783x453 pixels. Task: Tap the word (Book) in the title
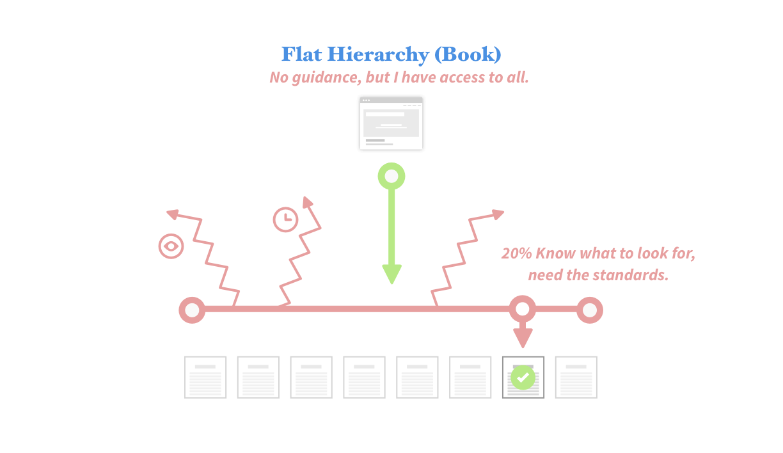click(x=468, y=54)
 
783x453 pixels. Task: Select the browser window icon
click(x=391, y=123)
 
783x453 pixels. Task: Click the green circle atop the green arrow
click(x=391, y=176)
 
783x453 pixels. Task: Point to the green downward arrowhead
click(x=391, y=274)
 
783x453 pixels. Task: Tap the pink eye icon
click(x=171, y=246)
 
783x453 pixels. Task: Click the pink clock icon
click(x=285, y=219)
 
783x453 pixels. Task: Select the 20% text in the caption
click(x=516, y=253)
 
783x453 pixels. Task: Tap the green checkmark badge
click(x=523, y=377)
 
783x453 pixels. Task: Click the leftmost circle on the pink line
click(x=191, y=310)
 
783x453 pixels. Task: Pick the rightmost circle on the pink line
click(x=590, y=310)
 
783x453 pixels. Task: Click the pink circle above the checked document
click(x=523, y=309)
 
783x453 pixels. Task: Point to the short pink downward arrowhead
click(x=523, y=339)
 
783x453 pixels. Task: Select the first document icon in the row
click(x=205, y=377)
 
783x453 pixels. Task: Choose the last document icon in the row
click(x=576, y=377)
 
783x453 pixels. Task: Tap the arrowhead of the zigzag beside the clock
click(x=308, y=203)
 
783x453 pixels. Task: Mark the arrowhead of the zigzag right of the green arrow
click(x=497, y=214)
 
